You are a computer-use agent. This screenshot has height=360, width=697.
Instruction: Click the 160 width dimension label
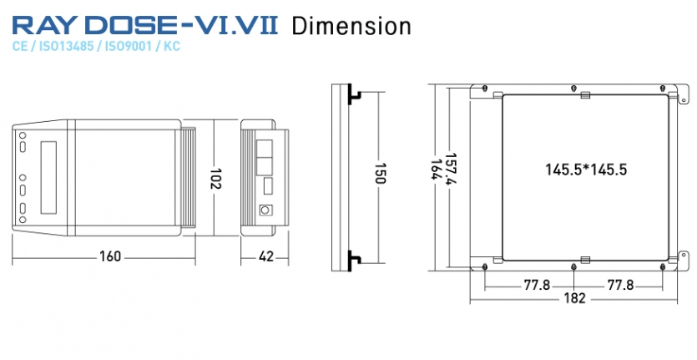[110, 256]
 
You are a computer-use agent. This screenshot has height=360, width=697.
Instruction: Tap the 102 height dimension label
[215, 178]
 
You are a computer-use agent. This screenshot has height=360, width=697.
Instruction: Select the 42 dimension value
[265, 256]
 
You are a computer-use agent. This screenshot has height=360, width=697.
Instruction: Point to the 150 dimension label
[380, 173]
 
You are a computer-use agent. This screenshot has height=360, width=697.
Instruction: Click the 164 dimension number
[436, 169]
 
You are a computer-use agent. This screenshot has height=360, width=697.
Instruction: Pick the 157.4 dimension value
[452, 170]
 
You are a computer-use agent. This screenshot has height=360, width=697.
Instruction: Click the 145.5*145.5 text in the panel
[586, 170]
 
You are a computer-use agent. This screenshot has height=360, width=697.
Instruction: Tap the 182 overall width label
[575, 298]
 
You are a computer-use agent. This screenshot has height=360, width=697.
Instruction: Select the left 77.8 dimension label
[537, 285]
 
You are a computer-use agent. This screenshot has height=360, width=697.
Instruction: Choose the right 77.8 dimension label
[620, 285]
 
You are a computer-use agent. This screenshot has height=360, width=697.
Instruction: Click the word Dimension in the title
[351, 26]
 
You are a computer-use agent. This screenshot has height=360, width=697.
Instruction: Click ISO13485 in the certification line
[66, 46]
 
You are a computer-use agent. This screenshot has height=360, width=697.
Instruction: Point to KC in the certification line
[172, 46]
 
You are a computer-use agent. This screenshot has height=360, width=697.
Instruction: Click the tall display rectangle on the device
[48, 178]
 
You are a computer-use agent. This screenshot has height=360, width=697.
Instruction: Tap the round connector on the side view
[265, 210]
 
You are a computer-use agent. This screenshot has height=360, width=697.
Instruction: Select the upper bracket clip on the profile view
[354, 94]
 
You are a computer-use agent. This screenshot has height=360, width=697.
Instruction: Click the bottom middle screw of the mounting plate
[573, 266]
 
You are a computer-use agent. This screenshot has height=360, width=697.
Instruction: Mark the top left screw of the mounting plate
[485, 88]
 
